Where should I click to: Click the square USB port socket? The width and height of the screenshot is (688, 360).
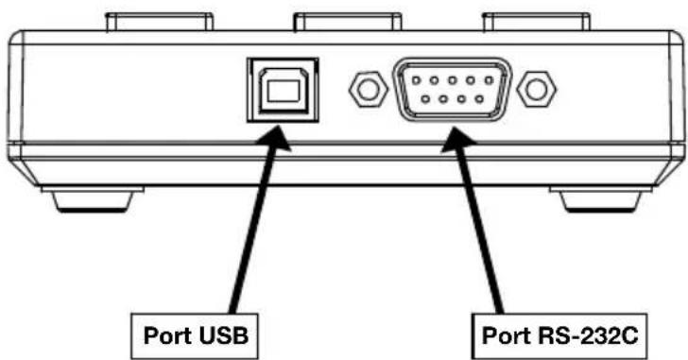[x=283, y=90]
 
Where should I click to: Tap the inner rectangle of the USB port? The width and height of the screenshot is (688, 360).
[x=283, y=92]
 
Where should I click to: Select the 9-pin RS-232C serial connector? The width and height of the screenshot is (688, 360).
[x=453, y=90]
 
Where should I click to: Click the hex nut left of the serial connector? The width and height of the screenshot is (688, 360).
[x=369, y=90]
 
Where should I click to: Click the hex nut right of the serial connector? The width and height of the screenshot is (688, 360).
[x=536, y=90]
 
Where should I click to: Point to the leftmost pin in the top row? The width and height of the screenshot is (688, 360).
[x=416, y=80]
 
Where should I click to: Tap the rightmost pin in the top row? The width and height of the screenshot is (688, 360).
[x=490, y=80]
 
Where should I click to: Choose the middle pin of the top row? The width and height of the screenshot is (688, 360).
[x=453, y=80]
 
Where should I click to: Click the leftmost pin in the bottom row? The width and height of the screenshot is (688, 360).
[x=425, y=99]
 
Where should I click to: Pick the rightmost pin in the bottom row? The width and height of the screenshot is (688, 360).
[x=479, y=99]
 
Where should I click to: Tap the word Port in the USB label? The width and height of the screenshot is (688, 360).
[x=168, y=335]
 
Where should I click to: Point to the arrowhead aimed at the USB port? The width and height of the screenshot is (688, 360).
[x=274, y=138]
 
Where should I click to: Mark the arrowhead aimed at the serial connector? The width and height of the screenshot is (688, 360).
[x=457, y=140]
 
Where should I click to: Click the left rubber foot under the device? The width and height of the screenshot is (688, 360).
[x=93, y=199]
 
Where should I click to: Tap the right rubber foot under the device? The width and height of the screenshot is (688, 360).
[x=600, y=200]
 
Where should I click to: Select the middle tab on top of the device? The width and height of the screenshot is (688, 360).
[x=348, y=22]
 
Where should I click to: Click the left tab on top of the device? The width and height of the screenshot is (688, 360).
[x=160, y=22]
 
